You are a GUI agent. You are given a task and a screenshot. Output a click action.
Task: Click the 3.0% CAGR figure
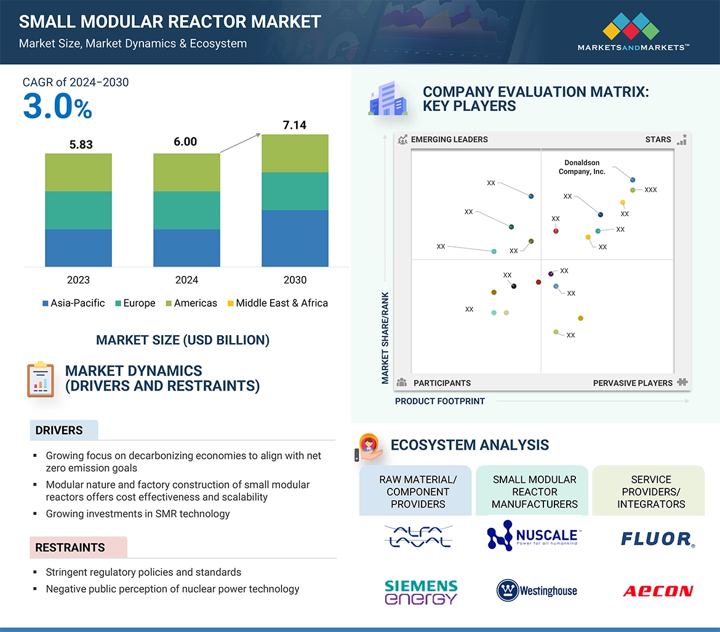[57, 107]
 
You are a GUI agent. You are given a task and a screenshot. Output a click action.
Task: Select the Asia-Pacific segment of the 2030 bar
[295, 238]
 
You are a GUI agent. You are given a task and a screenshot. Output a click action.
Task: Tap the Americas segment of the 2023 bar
[78, 172]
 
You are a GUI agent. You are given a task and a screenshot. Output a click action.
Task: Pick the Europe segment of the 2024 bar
[186, 210]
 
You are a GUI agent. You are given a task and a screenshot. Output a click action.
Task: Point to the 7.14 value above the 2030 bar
[295, 126]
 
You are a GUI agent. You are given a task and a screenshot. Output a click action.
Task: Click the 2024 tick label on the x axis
[186, 280]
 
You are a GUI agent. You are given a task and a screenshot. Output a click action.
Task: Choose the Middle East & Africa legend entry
[278, 303]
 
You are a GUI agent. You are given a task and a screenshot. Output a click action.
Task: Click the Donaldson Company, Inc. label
[582, 167]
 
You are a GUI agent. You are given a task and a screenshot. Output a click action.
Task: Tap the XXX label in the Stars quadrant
[650, 190]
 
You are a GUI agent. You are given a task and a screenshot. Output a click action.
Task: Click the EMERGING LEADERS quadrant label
[449, 140]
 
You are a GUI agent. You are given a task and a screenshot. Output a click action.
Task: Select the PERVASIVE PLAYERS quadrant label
[633, 383]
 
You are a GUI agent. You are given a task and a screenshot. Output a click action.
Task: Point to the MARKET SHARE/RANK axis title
[385, 338]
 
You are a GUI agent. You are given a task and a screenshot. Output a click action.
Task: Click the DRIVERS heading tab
[59, 431]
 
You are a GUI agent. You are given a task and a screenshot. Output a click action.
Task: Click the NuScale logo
[532, 537]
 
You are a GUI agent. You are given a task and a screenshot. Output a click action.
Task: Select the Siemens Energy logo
[420, 591]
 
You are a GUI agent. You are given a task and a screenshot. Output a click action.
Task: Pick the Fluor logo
[657, 540]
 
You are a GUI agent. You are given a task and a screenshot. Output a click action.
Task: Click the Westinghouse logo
[537, 591]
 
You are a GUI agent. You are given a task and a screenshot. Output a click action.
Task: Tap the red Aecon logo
[657, 591]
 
